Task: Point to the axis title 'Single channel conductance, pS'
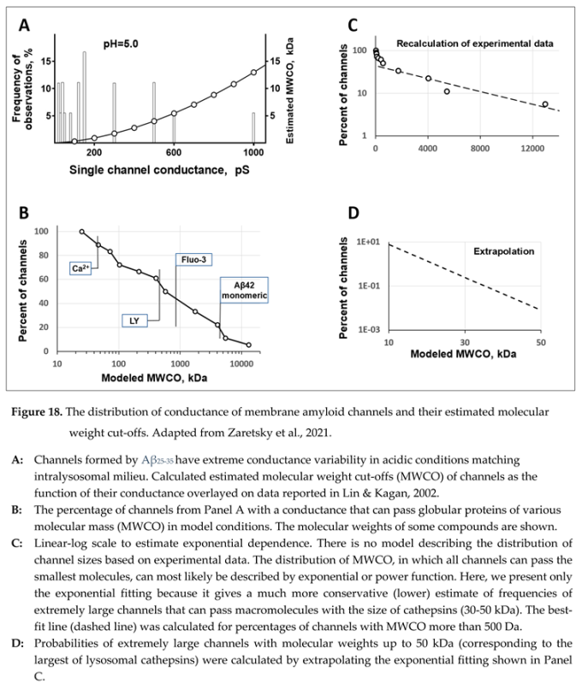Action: coord(160,170)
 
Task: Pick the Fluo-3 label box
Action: coord(193,257)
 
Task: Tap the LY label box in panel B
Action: coord(134,320)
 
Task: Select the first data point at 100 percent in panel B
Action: coord(82,232)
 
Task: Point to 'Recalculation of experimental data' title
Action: coord(468,43)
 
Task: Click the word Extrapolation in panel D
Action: coord(504,252)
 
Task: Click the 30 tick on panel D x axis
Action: coord(465,342)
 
